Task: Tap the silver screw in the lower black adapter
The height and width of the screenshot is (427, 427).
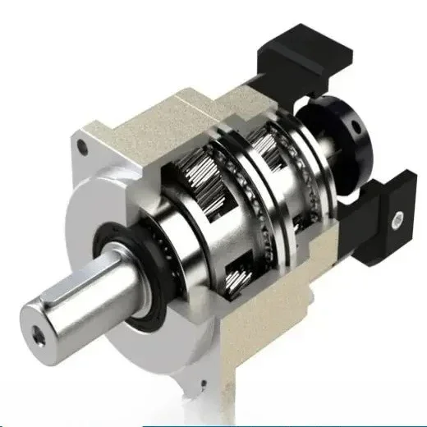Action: coord(397,218)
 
